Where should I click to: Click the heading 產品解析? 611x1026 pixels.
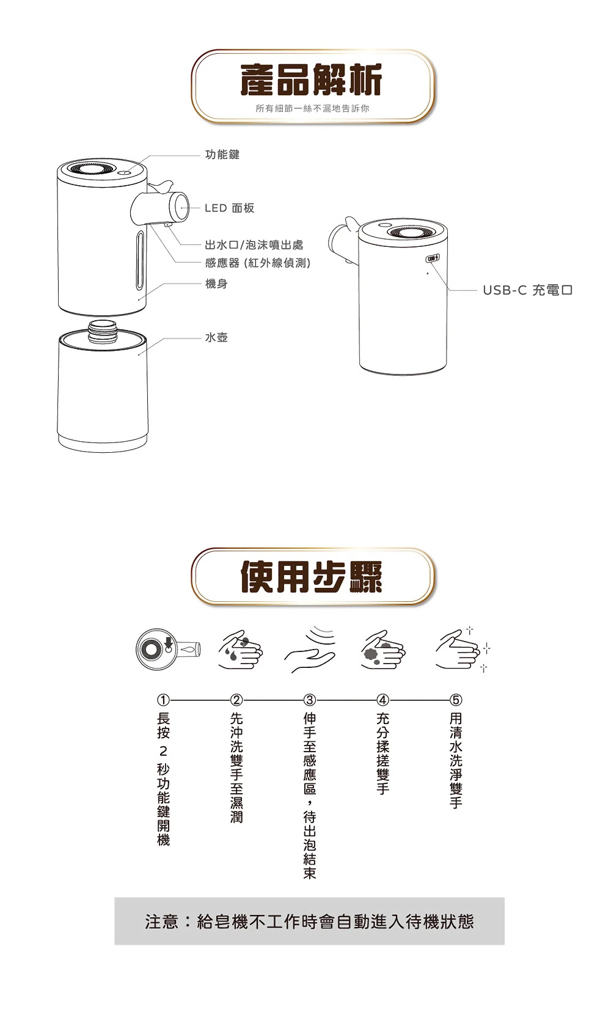[312, 80]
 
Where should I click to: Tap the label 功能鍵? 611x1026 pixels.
[222, 155]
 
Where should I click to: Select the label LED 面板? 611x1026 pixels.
[229, 208]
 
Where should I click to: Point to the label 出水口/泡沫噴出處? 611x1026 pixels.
[254, 244]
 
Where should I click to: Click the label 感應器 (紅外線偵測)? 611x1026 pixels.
[257, 263]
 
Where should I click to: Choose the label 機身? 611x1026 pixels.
[216, 284]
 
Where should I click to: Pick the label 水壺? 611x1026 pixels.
[216, 337]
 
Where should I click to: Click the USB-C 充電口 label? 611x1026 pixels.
[528, 290]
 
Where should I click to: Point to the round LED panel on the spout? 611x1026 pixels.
[178, 208]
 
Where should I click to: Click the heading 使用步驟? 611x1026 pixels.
[312, 577]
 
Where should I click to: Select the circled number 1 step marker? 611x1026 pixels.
[163, 700]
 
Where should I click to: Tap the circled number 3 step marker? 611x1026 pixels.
[310, 700]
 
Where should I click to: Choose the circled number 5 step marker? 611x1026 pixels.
[456, 700]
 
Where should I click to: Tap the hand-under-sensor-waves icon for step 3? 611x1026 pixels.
[310, 649]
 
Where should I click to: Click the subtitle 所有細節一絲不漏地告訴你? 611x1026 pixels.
[312, 109]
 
